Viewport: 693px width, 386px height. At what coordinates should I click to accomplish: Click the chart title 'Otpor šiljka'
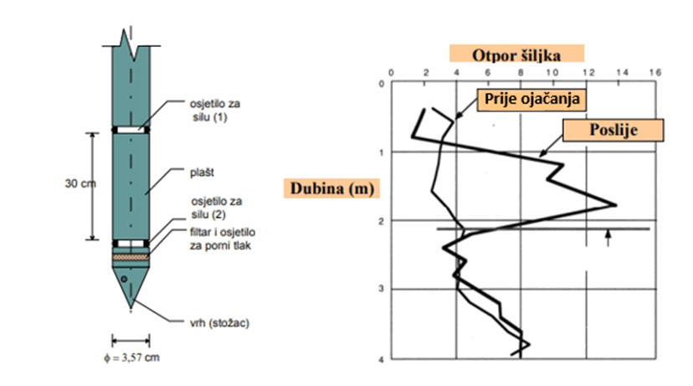[516, 55]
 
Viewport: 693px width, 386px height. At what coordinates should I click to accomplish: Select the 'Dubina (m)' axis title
[332, 188]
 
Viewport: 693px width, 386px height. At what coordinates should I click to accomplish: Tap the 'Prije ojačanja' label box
[531, 99]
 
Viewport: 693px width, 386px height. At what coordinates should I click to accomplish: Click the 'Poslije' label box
[613, 130]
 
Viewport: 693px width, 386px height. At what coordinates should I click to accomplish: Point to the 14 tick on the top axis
[623, 73]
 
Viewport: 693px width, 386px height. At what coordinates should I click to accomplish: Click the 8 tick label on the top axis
[521, 73]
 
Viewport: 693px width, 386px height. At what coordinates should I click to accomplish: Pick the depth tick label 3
[381, 289]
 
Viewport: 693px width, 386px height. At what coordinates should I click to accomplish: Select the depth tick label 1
[381, 152]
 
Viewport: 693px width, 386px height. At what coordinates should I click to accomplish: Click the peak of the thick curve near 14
[616, 204]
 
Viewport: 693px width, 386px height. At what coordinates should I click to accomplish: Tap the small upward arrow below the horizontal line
[608, 238]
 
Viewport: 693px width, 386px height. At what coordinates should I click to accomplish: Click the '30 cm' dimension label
[80, 183]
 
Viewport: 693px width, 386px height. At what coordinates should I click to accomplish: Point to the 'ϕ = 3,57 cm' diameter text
[131, 358]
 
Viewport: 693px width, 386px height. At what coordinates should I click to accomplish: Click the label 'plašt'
[202, 172]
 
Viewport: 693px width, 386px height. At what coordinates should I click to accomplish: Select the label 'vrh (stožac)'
[219, 323]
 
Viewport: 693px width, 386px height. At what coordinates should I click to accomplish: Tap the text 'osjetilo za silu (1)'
[215, 111]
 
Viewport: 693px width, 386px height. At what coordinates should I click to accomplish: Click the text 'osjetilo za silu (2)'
[216, 208]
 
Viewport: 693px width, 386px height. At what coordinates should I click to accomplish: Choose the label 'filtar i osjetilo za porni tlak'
[223, 239]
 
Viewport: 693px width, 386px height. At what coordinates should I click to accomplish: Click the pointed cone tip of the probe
[131, 307]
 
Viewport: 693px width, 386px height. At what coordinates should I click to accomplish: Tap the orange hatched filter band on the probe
[131, 257]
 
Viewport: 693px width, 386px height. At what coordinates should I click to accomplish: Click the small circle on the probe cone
[124, 279]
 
